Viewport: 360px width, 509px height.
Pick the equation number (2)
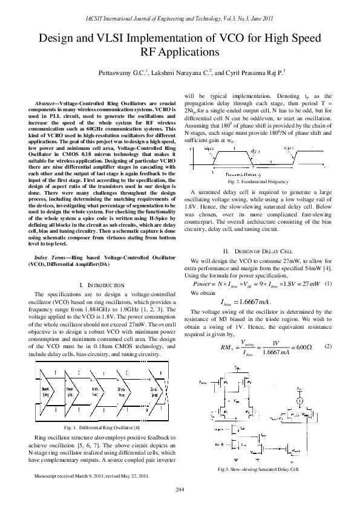click(x=327, y=346)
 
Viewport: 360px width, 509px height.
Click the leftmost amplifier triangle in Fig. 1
click(x=45, y=392)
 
